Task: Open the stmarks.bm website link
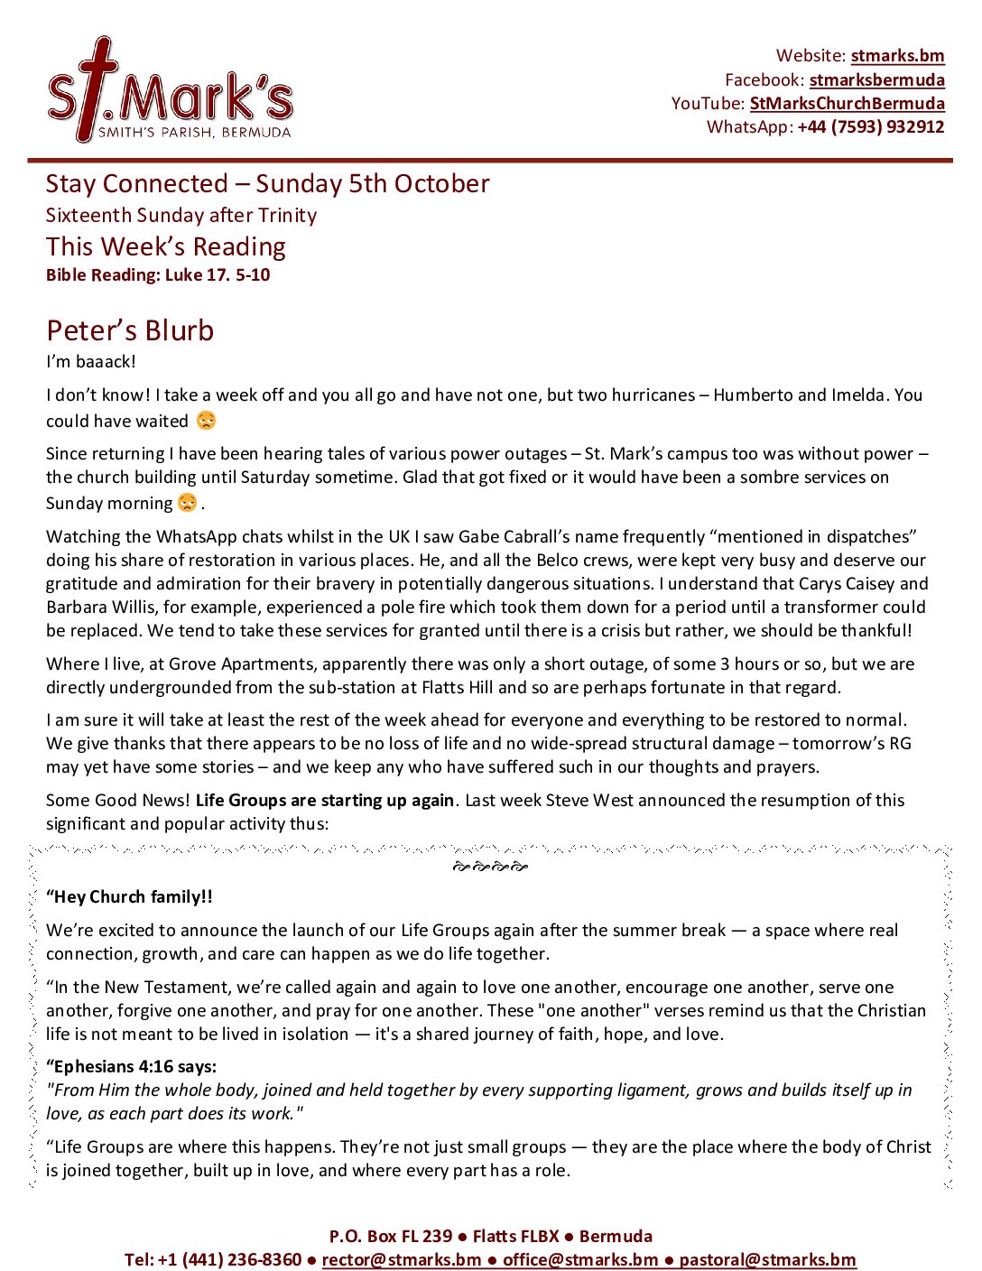click(897, 56)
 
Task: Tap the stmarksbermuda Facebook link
click(876, 80)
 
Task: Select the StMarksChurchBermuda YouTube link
click(847, 104)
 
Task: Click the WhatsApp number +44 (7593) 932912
click(870, 127)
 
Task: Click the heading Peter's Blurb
click(130, 330)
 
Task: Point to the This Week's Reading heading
click(166, 246)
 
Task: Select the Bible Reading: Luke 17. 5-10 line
click(158, 275)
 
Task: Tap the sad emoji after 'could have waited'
click(207, 421)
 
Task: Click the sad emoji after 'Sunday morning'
click(187, 503)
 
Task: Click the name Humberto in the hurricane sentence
click(753, 395)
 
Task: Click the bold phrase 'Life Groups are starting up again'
click(324, 801)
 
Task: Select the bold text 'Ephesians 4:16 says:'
click(132, 1067)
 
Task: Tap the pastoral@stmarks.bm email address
click(766, 1260)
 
